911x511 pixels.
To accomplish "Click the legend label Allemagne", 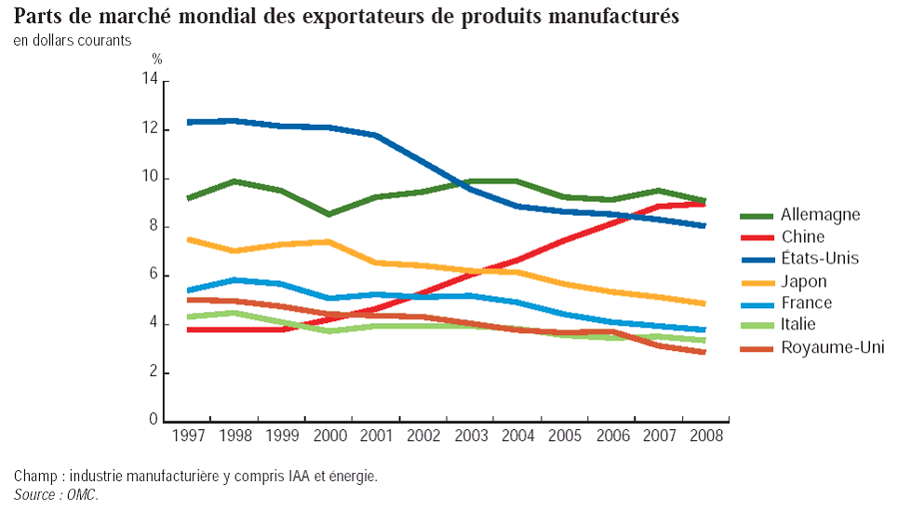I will [x=820, y=215].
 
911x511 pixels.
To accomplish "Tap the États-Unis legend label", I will [x=820, y=259].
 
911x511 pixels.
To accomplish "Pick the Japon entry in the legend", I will [x=804, y=281].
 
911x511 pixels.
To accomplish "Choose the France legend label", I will [x=807, y=303].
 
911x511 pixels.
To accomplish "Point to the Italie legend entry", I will [x=802, y=325].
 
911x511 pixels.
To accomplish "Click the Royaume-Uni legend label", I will [x=832, y=347].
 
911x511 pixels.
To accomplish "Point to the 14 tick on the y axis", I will [x=149, y=81].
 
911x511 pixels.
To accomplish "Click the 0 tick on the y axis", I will [x=153, y=421].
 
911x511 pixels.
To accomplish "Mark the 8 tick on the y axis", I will [x=153, y=227].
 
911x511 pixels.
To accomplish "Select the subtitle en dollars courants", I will [x=72, y=41].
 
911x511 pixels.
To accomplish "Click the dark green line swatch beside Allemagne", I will [x=756, y=216].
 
